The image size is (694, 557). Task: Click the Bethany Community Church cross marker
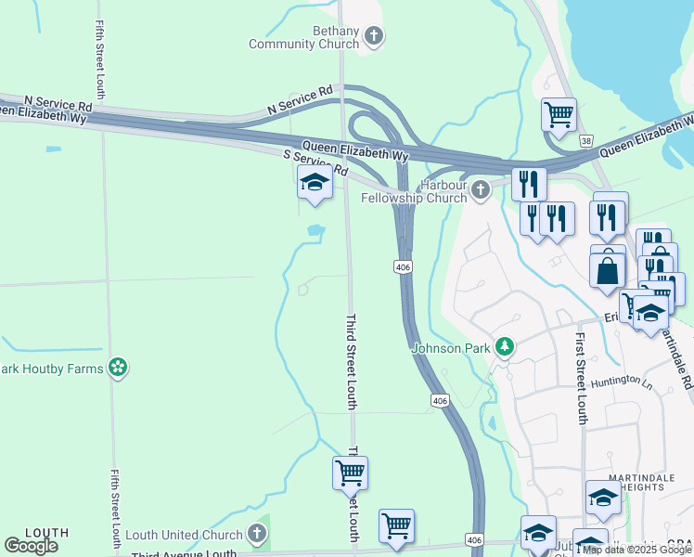pyautogui.click(x=374, y=37)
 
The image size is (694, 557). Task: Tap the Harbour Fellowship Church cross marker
pyautogui.click(x=480, y=190)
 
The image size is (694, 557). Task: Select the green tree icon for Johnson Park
pyautogui.click(x=504, y=347)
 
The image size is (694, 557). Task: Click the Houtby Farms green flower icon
pyautogui.click(x=117, y=368)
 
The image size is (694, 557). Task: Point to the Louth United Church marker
pyautogui.click(x=257, y=534)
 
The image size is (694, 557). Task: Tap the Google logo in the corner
pyautogui.click(x=31, y=545)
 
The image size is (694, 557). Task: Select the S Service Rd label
pyautogui.click(x=315, y=163)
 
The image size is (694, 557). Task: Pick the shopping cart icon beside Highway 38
pyautogui.click(x=559, y=115)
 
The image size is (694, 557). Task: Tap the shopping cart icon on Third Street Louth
pyautogui.click(x=350, y=473)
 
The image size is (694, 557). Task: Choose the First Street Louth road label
pyautogui.click(x=582, y=378)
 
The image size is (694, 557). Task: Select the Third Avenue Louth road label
pyautogui.click(x=185, y=553)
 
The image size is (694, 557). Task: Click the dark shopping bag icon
pyautogui.click(x=607, y=271)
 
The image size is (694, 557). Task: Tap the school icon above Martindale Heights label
pyautogui.click(x=603, y=499)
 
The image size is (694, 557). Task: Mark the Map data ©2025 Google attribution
pyautogui.click(x=637, y=550)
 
